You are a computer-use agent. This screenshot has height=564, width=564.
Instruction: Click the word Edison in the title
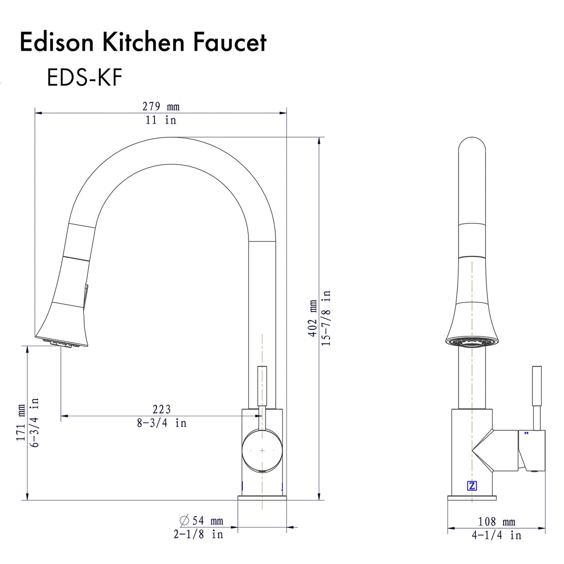(57, 42)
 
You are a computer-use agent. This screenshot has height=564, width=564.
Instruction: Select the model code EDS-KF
(84, 77)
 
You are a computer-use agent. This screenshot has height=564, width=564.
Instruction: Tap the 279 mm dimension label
(161, 106)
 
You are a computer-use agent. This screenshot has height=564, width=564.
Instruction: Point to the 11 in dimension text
(161, 120)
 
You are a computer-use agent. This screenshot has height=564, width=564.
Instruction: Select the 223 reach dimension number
(162, 409)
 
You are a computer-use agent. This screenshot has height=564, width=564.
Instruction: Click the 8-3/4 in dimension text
(162, 423)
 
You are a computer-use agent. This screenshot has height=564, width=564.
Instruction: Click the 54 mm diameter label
(202, 521)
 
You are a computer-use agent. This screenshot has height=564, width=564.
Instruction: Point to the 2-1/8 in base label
(198, 534)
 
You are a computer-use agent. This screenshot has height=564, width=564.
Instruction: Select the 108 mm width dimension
(497, 522)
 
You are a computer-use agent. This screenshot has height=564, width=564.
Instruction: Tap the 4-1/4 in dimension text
(497, 535)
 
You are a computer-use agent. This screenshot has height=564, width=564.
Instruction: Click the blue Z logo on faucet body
(472, 486)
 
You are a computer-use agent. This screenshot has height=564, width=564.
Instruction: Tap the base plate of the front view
(262, 498)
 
